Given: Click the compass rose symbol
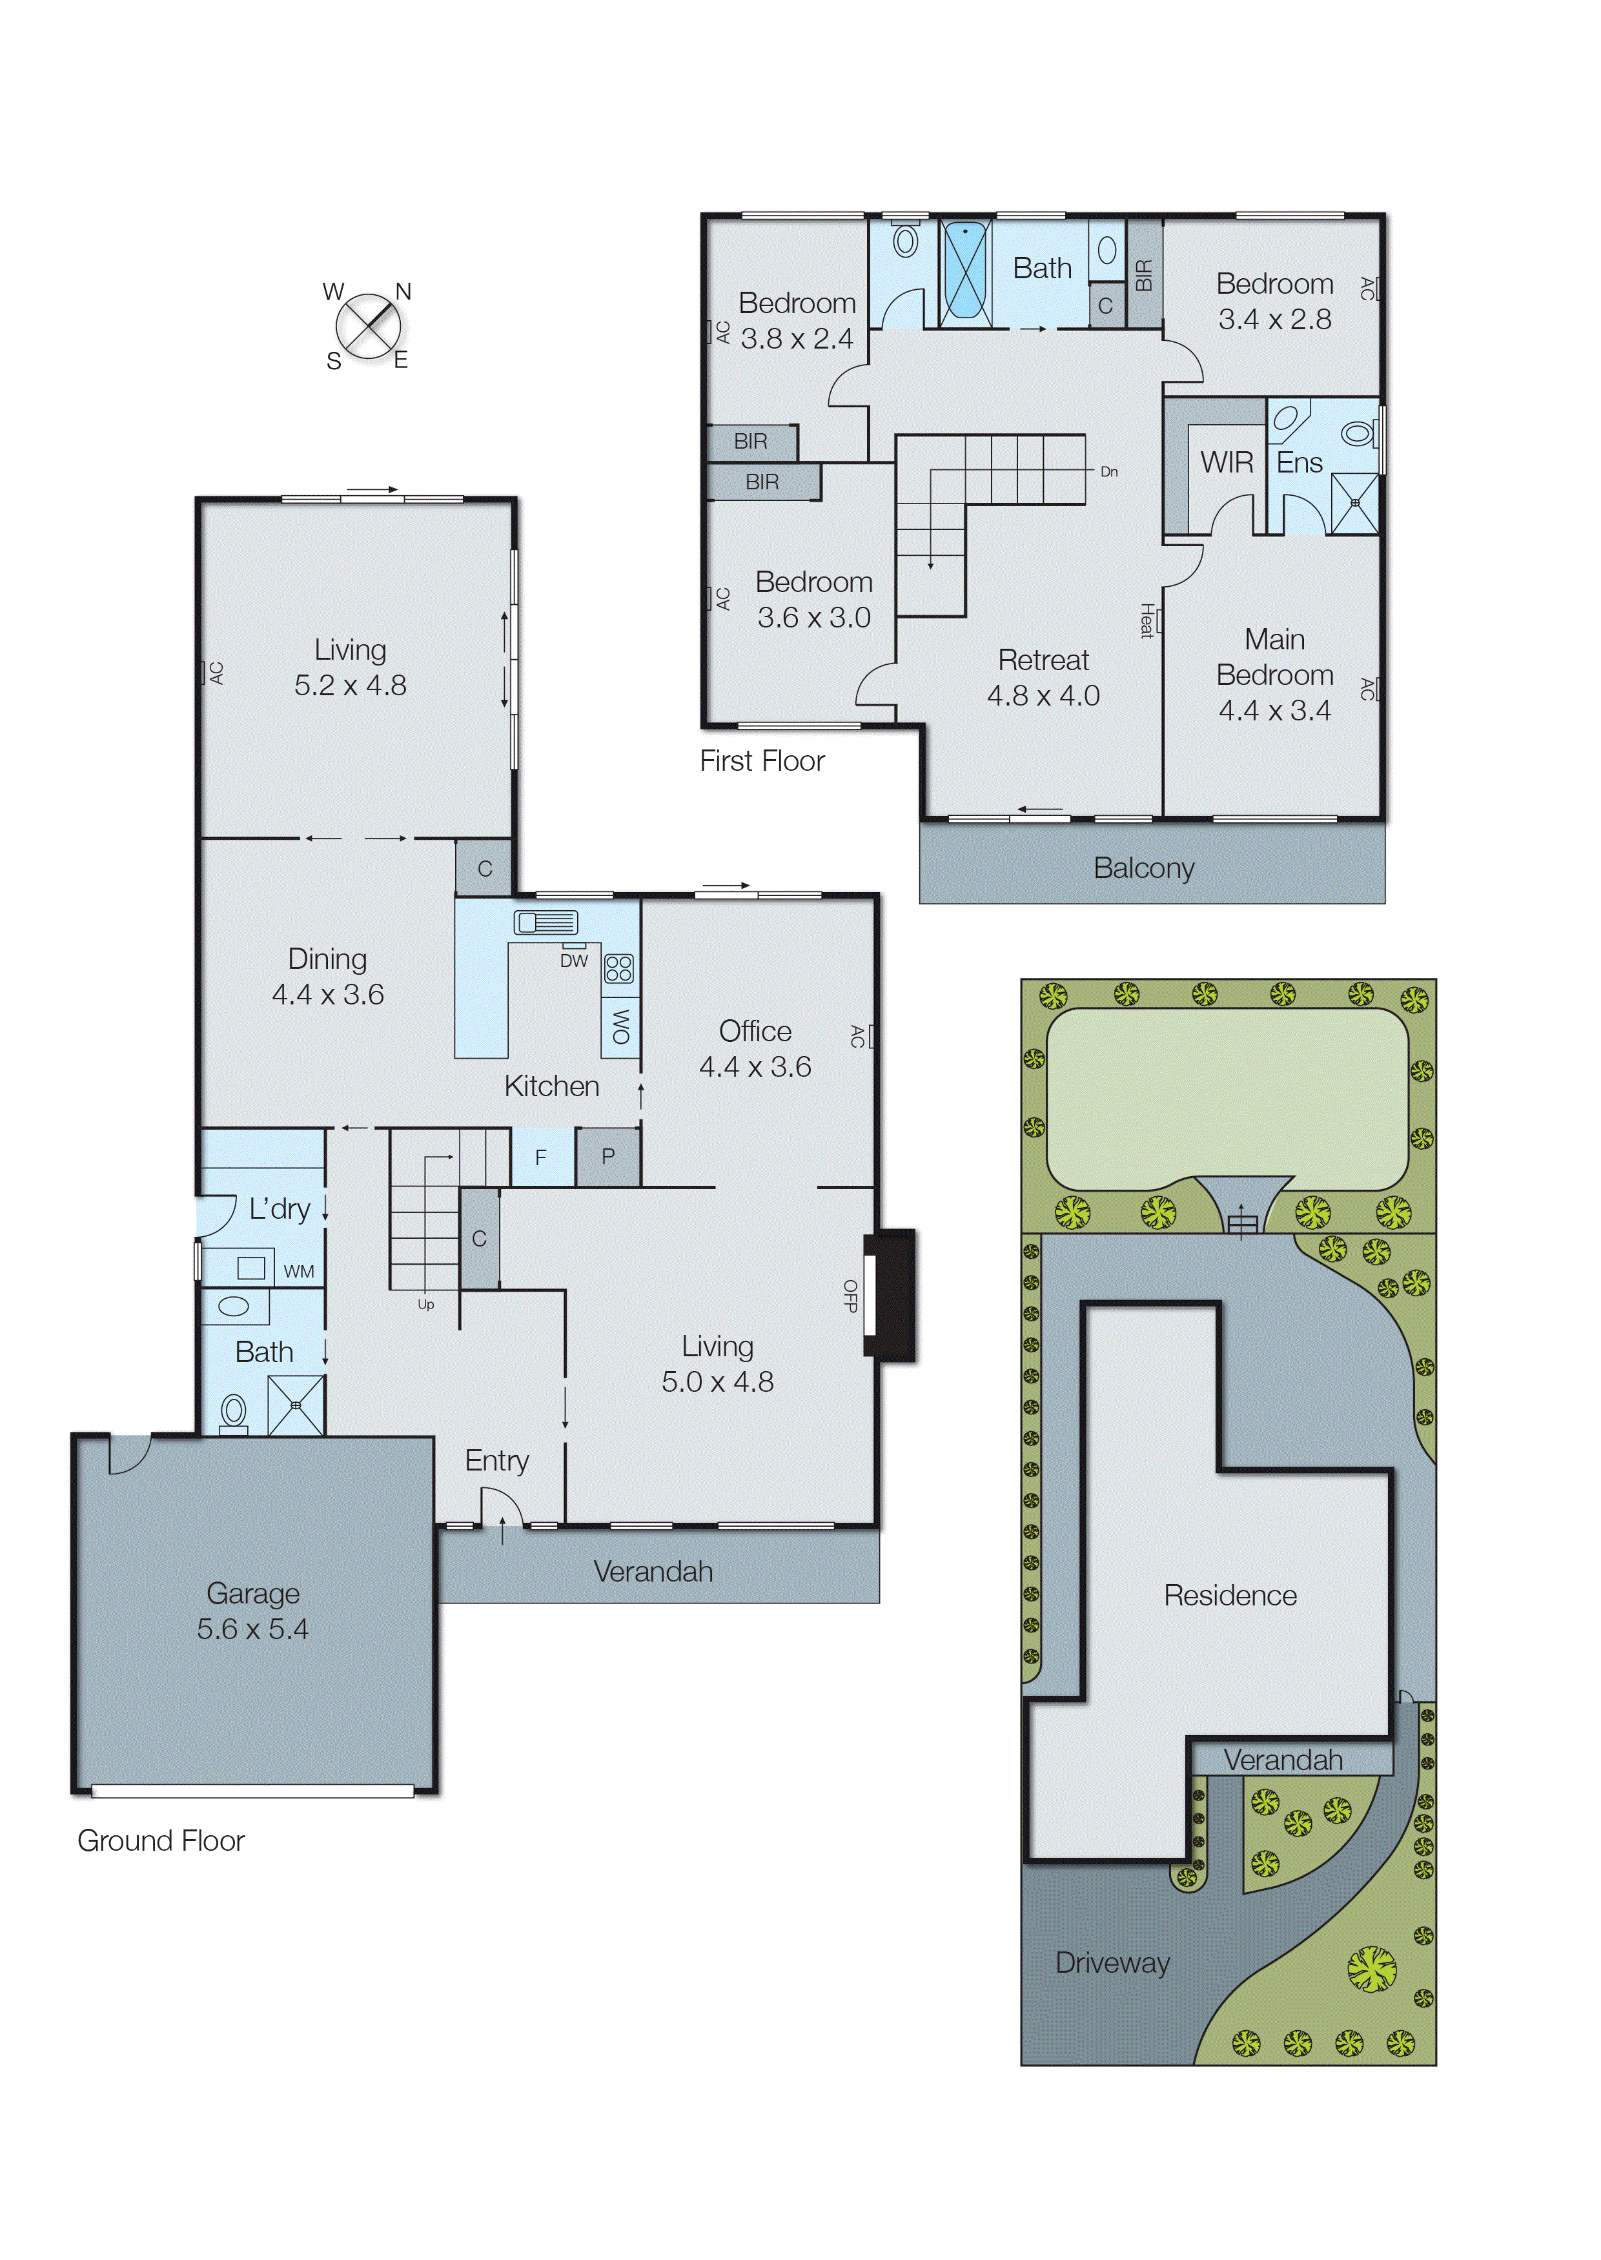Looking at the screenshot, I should pyautogui.click(x=368, y=326).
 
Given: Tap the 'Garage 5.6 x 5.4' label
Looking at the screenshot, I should pyautogui.click(x=252, y=1611).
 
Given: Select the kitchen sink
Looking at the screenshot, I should pyautogui.click(x=545, y=922).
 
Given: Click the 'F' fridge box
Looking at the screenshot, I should pyautogui.click(x=541, y=1157).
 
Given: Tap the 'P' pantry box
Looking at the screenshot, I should pyautogui.click(x=608, y=1156).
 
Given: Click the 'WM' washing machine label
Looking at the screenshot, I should pyautogui.click(x=299, y=1272).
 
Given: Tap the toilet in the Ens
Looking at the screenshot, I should pyautogui.click(x=1358, y=433).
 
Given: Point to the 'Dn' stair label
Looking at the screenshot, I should pyautogui.click(x=1109, y=472).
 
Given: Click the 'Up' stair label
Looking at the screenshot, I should pyautogui.click(x=426, y=1304).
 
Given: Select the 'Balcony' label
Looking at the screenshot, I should pyautogui.click(x=1143, y=868).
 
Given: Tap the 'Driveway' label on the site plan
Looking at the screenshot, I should pyautogui.click(x=1112, y=1962).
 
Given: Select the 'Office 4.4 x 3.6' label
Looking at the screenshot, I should pyautogui.click(x=755, y=1049).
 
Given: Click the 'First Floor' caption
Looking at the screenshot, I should pyautogui.click(x=762, y=761).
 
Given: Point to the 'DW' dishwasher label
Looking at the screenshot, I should pyautogui.click(x=574, y=961).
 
